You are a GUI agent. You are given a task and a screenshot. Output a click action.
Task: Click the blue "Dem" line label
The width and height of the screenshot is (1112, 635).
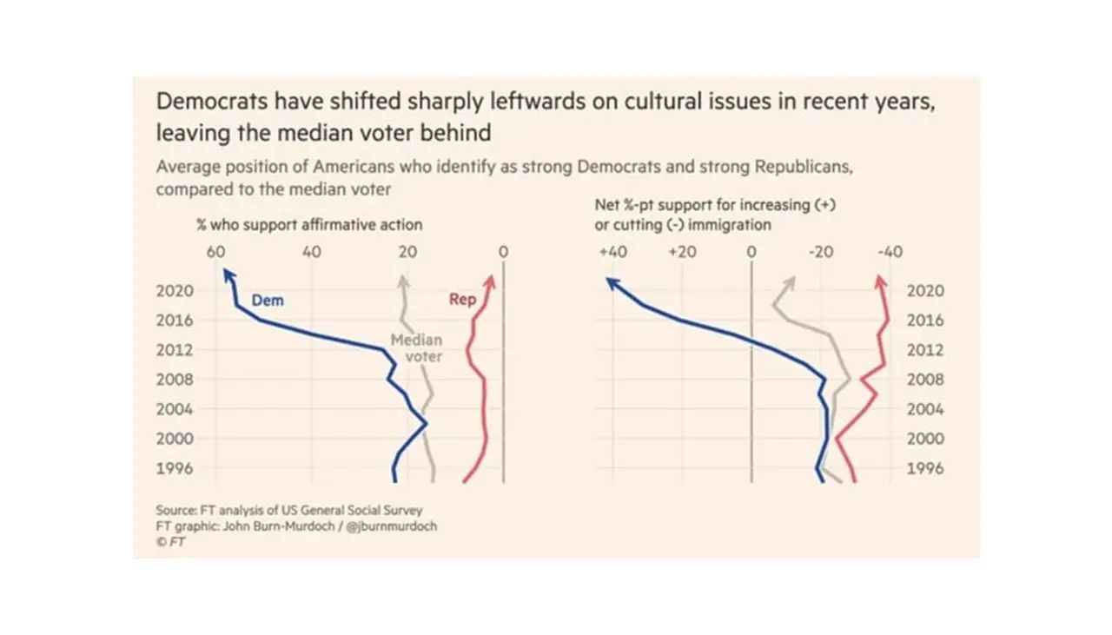click(268, 301)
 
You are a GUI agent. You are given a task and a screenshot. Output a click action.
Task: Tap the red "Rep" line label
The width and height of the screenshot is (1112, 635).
click(462, 300)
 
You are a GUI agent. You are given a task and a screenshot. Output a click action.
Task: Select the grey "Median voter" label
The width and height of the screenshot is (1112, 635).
click(415, 348)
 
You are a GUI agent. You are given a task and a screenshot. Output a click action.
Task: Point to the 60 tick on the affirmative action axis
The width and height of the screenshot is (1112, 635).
click(216, 252)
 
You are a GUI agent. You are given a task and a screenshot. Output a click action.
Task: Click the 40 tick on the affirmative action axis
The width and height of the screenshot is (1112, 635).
click(312, 252)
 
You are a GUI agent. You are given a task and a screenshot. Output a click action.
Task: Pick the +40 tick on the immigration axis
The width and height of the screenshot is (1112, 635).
click(612, 252)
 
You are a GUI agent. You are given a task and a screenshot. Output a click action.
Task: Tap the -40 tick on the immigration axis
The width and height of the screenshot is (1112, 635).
click(890, 252)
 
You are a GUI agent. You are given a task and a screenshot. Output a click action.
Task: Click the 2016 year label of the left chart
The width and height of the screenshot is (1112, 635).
click(175, 321)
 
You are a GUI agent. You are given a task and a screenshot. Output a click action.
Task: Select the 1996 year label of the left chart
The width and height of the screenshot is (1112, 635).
click(175, 468)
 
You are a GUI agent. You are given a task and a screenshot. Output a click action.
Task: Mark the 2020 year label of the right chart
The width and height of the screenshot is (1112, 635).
click(925, 291)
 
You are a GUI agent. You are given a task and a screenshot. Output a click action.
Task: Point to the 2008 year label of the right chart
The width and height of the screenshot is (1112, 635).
click(925, 380)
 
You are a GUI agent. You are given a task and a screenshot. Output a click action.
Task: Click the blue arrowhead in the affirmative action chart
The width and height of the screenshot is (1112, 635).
click(228, 275)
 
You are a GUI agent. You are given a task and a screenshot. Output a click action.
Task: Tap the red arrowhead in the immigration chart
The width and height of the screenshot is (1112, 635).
click(881, 281)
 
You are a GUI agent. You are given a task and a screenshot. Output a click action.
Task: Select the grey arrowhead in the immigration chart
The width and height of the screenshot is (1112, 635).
click(790, 281)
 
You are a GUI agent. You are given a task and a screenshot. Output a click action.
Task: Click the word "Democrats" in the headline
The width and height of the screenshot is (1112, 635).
click(204, 101)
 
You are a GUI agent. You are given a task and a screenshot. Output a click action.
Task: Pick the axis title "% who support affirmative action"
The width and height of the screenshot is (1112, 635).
click(309, 224)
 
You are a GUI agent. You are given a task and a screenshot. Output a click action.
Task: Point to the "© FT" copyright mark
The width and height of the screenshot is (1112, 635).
click(170, 541)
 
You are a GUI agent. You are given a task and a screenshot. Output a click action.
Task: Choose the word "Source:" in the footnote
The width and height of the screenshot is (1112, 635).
click(176, 510)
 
